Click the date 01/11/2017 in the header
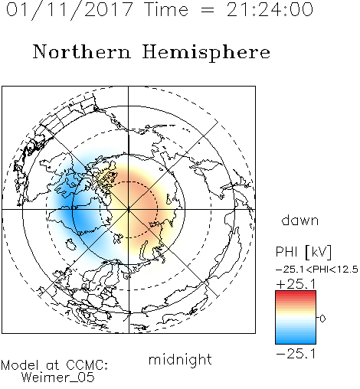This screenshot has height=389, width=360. [x=70, y=10]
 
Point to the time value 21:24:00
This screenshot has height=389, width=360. [x=270, y=10]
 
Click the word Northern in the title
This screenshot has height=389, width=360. [x=82, y=52]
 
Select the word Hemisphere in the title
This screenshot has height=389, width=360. [x=206, y=53]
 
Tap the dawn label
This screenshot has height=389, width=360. [x=300, y=221]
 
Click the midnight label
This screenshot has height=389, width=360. [x=180, y=360]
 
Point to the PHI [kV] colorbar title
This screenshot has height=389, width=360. [x=303, y=252]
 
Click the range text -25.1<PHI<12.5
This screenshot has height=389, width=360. [x=317, y=270]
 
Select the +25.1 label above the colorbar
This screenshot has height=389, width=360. [x=296, y=284]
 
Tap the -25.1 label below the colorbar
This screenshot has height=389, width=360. [x=296, y=354]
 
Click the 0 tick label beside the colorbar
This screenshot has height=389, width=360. [x=322, y=319]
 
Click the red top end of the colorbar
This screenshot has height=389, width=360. [x=296, y=293]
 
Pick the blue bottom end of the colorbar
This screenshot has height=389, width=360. [x=296, y=342]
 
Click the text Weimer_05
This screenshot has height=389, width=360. [x=58, y=377]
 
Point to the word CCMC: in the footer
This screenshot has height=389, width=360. [x=87, y=365]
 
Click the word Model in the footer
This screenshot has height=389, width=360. [x=20, y=365]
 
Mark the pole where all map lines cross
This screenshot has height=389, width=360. [x=129, y=209]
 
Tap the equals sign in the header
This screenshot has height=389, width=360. [x=208, y=10]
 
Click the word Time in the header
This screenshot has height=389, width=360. [x=166, y=10]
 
